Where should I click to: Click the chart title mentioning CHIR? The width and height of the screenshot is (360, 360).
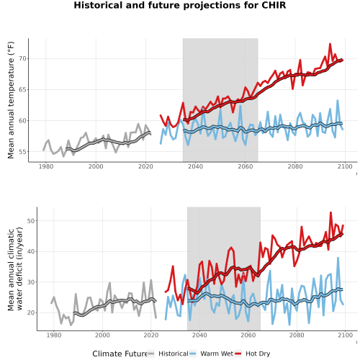tap(180, 5)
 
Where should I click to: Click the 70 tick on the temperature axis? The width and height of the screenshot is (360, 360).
tap(22, 58)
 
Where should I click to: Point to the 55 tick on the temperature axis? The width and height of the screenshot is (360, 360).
tap(22, 152)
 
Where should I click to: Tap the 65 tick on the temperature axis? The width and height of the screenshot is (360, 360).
tap(22, 89)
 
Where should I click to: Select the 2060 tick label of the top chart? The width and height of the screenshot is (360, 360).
tap(246, 166)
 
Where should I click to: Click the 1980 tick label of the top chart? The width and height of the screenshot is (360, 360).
tap(46, 166)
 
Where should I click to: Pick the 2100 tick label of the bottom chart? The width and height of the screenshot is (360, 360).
tap(345, 335)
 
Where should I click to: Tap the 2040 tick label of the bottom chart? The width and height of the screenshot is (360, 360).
tap(199, 335)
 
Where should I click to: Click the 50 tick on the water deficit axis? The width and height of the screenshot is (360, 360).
tap(31, 220)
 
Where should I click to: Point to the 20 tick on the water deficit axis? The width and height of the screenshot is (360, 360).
tap(31, 312)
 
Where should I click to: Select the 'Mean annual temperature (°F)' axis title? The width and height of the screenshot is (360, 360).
tap(11, 100)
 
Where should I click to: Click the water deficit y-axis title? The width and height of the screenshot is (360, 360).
tap(15, 269)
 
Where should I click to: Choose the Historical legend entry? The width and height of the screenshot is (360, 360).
tap(168, 354)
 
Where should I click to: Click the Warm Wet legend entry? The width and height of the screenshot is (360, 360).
tap(211, 354)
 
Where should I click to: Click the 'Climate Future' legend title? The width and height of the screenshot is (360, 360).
tap(120, 354)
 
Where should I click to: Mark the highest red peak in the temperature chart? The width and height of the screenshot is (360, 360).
tap(330, 44)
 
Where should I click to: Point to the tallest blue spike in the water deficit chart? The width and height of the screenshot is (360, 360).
tap(338, 258)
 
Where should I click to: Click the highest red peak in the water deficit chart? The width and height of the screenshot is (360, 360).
tap(330, 212)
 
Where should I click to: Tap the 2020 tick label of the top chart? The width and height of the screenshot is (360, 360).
tap(145, 166)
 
